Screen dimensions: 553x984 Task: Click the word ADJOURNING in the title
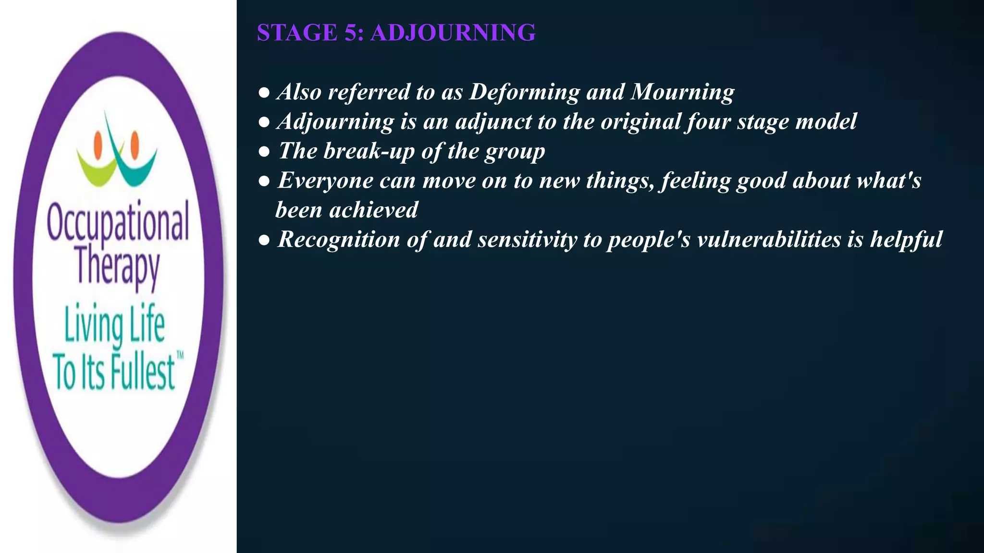point(453,33)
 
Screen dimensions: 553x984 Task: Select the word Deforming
point(524,92)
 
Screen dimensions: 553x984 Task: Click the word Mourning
point(682,92)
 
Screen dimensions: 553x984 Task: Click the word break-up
point(369,151)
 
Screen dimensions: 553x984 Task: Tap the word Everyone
point(325,181)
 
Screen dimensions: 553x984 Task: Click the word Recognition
point(338,240)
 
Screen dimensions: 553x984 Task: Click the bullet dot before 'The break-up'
point(264,152)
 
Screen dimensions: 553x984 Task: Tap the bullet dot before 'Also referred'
point(264,93)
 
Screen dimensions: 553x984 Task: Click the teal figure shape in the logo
point(137,168)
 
